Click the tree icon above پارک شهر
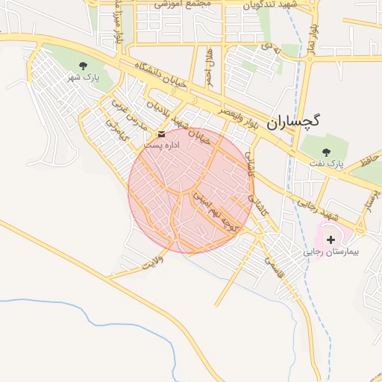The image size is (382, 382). tap(83, 65)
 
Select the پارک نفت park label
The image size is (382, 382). tap(325, 162)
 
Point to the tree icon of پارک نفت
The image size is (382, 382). tap(326, 151)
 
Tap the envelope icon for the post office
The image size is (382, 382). tap(162, 134)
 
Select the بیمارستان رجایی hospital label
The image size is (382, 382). tap(331, 252)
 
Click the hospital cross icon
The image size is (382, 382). tap(331, 239)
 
